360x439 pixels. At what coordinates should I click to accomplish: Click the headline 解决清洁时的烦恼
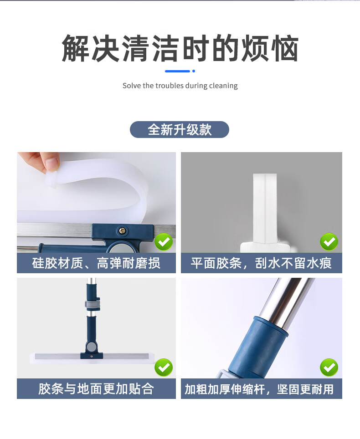(x=180, y=48)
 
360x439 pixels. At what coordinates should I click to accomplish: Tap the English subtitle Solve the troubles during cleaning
(x=180, y=86)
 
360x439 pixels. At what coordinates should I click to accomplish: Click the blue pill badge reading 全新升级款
(x=180, y=129)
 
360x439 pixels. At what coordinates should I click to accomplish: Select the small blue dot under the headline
(x=194, y=71)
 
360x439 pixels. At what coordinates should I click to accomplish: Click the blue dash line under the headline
(x=177, y=71)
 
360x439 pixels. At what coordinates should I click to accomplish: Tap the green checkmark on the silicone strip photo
(x=164, y=242)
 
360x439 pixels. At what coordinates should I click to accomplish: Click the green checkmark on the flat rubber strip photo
(x=329, y=242)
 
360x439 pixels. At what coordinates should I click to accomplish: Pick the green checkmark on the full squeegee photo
(x=164, y=368)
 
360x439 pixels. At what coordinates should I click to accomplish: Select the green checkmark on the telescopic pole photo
(x=329, y=368)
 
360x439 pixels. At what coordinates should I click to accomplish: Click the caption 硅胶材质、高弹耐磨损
(x=96, y=263)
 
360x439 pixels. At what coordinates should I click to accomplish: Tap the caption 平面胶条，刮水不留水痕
(x=262, y=263)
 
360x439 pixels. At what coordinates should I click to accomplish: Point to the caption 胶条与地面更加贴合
(x=96, y=389)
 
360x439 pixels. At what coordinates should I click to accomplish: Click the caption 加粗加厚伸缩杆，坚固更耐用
(x=259, y=389)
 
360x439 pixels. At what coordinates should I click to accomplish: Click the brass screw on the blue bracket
(x=122, y=231)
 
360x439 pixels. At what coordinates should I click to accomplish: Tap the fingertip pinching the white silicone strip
(x=52, y=163)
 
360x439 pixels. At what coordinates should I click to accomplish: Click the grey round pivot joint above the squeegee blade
(x=91, y=347)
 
